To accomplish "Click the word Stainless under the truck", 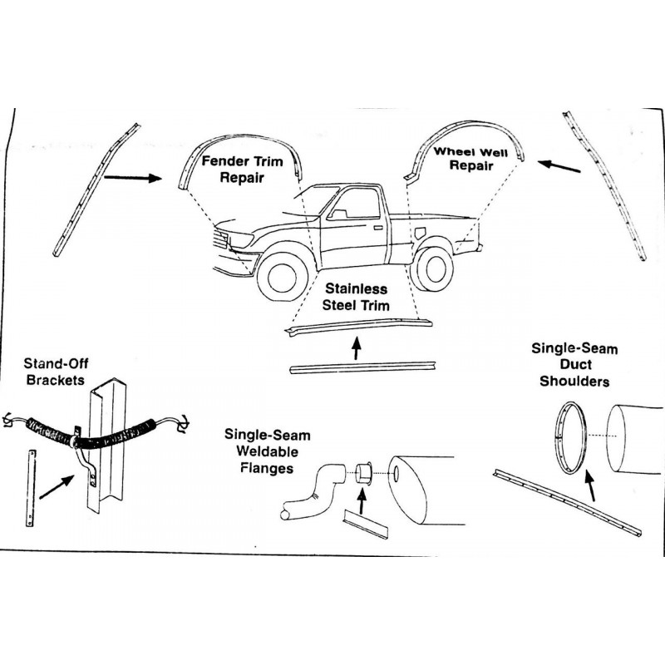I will point(356,291).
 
